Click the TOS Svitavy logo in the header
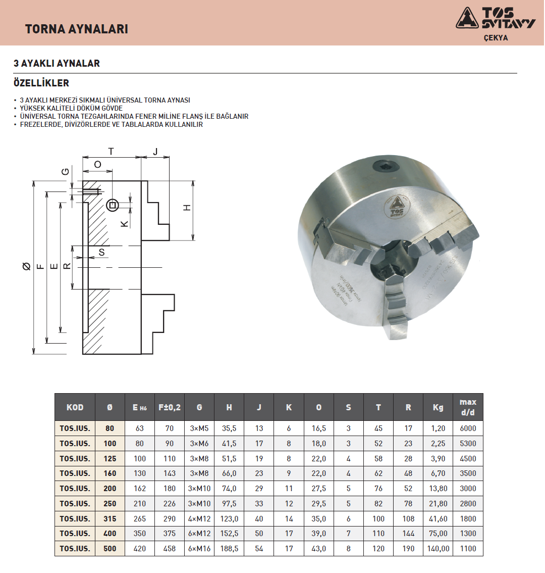[496, 18]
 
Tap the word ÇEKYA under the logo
[496, 38]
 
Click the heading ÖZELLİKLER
[41, 83]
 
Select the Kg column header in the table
[438, 407]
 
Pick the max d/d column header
[468, 407]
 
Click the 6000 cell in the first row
[468, 428]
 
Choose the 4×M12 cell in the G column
[199, 518]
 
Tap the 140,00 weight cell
[438, 549]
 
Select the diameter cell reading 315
[110, 518]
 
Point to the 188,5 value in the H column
[229, 549]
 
